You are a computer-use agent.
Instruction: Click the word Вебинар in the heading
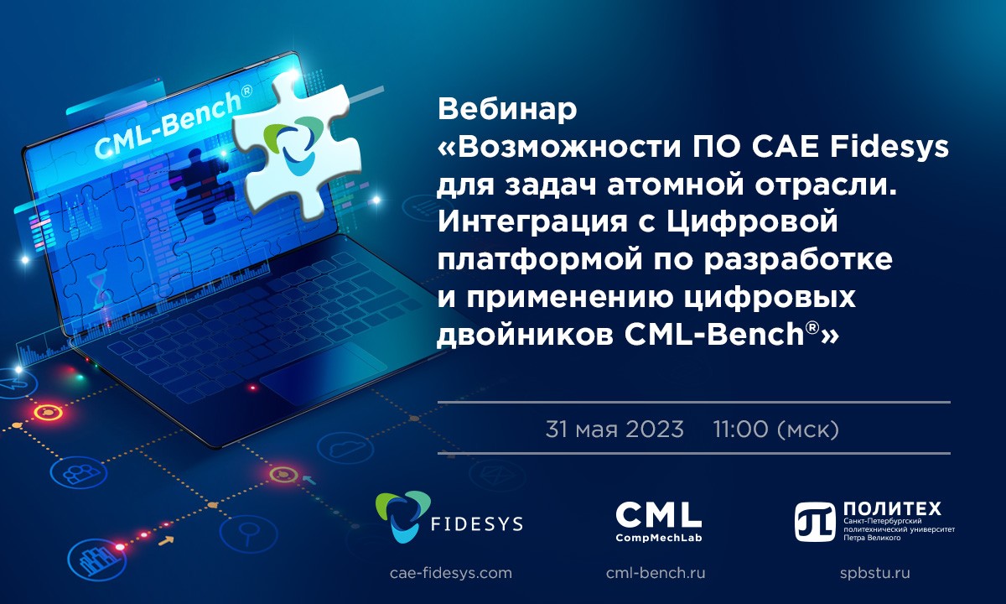507,109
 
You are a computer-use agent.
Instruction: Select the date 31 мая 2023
614,430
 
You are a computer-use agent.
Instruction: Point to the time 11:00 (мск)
775,430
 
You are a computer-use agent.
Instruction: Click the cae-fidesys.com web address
451,573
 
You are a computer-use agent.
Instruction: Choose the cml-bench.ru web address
656,573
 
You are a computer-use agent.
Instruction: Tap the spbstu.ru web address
875,573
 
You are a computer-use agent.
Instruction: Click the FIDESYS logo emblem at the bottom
403,517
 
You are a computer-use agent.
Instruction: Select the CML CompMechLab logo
658,522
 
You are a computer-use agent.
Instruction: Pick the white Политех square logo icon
815,522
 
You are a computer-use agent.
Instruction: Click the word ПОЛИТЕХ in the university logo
892,508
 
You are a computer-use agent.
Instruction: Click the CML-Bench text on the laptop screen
173,125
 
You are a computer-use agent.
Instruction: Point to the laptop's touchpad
324,372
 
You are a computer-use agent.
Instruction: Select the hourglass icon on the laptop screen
98,289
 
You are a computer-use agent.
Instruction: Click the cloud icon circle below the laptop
345,448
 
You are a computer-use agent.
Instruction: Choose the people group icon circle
79,474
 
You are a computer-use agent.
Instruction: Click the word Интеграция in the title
532,222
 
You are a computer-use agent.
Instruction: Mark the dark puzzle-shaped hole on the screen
200,186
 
